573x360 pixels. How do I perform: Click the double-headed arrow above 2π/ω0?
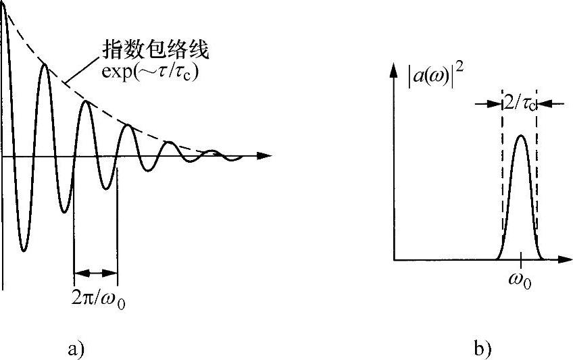(95, 273)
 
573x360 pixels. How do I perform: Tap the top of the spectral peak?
(520, 136)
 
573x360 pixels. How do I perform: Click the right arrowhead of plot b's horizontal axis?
(563, 259)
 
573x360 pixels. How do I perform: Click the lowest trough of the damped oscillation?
(23, 251)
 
